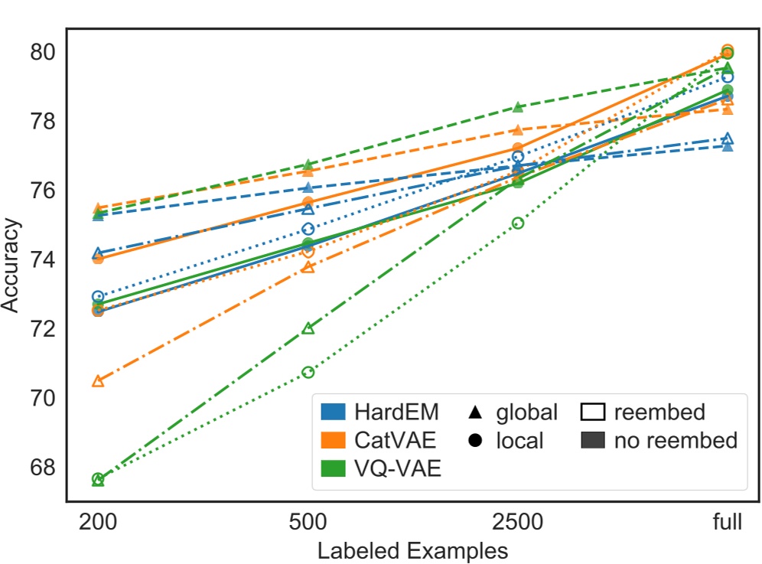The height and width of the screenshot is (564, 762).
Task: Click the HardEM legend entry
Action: pyautogui.click(x=396, y=412)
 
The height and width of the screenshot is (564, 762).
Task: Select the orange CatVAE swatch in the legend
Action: pyautogui.click(x=334, y=440)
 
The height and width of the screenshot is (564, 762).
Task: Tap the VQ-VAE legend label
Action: pyautogui.click(x=398, y=468)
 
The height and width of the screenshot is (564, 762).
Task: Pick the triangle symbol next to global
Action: pyautogui.click(x=474, y=412)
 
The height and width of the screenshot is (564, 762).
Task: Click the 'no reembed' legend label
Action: pyautogui.click(x=676, y=440)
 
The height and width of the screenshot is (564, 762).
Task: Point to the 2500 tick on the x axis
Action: pyautogui.click(x=518, y=523)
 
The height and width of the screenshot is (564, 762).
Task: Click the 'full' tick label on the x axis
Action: pyautogui.click(x=728, y=523)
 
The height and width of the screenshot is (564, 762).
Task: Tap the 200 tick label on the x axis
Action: pyautogui.click(x=98, y=523)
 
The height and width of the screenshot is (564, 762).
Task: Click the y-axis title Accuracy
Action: pyautogui.click(x=11, y=265)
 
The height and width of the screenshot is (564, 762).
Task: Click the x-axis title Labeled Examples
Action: pyautogui.click(x=412, y=549)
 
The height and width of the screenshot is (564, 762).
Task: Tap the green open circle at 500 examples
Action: pyautogui.click(x=308, y=372)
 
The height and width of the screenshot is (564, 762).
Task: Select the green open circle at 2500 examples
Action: pyautogui.click(x=518, y=223)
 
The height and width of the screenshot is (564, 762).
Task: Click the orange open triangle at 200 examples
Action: pyautogui.click(x=98, y=381)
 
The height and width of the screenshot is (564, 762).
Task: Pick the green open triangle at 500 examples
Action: pyautogui.click(x=308, y=328)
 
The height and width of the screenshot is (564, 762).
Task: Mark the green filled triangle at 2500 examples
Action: pyautogui.click(x=518, y=106)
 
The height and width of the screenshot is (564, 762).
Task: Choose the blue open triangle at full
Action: pyautogui.click(x=728, y=139)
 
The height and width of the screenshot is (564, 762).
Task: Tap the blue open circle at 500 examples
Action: pyautogui.click(x=308, y=229)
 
